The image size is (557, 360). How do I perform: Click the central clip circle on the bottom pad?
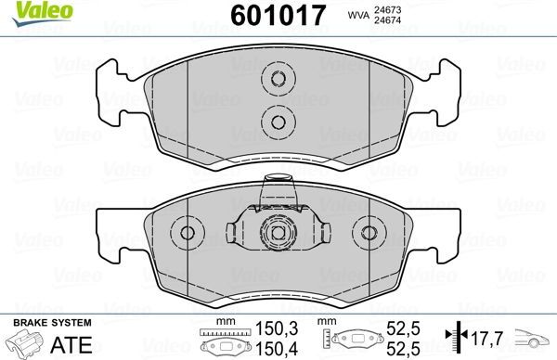point(276,232)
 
